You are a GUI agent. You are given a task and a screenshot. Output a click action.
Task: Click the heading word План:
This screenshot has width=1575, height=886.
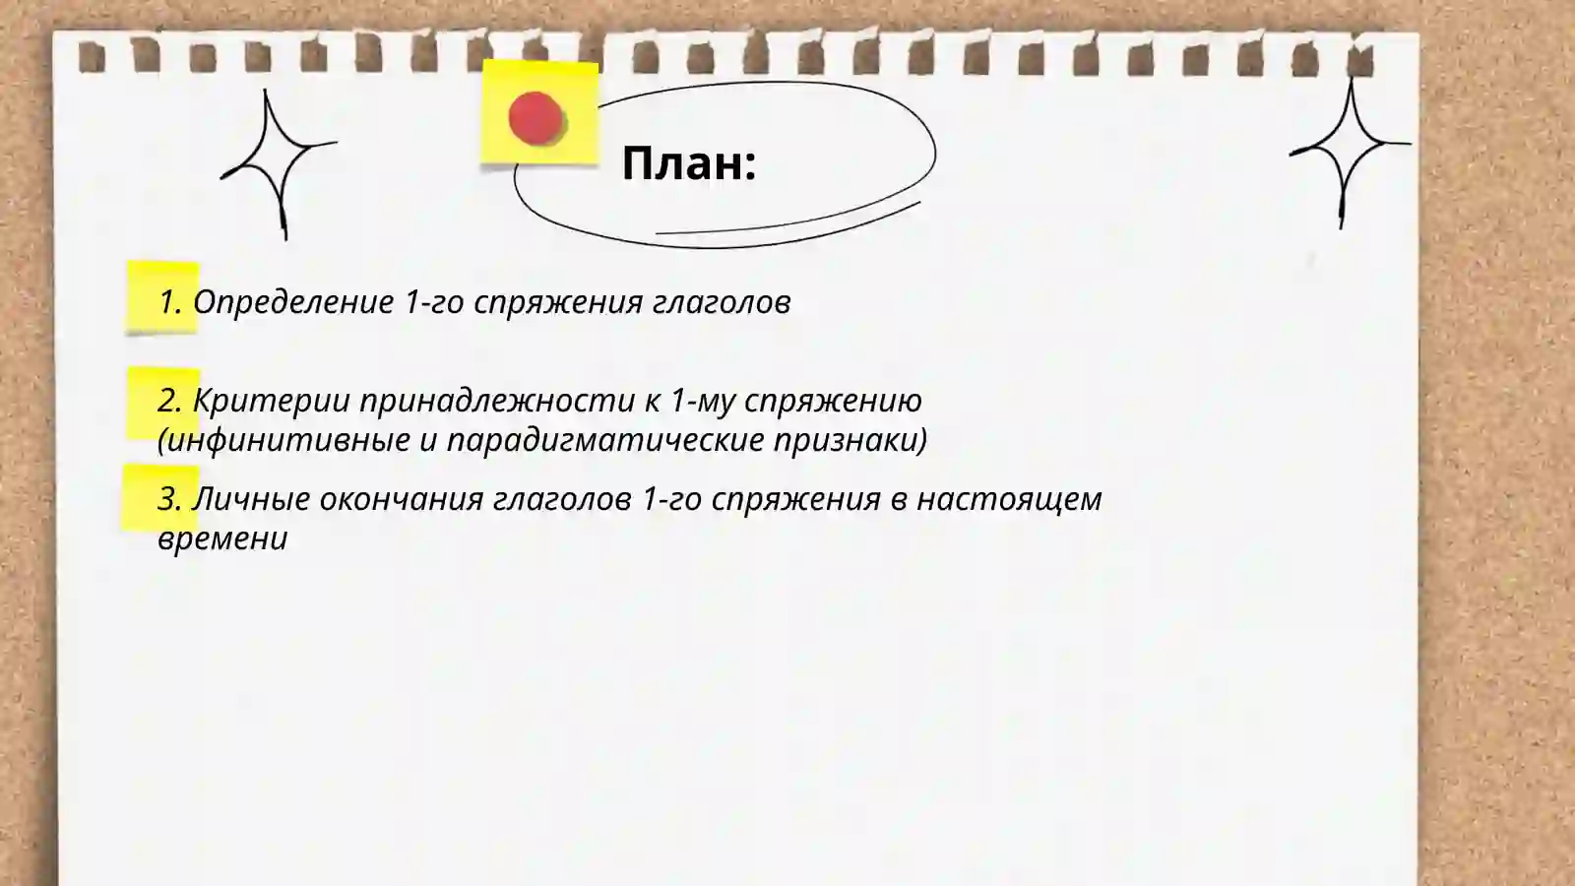688,163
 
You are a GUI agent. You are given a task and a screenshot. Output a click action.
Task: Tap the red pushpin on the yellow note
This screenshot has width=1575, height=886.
535,118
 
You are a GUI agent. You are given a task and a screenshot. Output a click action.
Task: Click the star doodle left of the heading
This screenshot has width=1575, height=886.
277,163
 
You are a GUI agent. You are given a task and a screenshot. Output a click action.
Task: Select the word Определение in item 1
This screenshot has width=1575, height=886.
293,302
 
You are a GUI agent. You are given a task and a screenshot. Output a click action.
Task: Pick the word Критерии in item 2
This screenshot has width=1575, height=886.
271,401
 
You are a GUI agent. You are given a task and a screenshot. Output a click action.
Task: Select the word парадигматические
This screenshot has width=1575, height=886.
605,440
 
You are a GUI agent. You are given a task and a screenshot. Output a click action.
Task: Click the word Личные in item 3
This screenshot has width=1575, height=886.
251,499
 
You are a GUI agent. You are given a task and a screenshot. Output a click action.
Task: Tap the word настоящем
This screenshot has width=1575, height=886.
1009,499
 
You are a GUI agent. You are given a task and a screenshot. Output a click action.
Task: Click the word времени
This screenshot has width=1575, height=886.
222,538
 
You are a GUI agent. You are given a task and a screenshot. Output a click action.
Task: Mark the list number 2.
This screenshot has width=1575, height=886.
169,401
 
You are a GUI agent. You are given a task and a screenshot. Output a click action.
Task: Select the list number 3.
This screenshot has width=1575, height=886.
169,499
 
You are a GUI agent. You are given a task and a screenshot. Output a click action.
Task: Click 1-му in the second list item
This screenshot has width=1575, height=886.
703,401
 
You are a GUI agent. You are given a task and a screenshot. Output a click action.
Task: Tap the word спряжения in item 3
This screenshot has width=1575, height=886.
795,499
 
